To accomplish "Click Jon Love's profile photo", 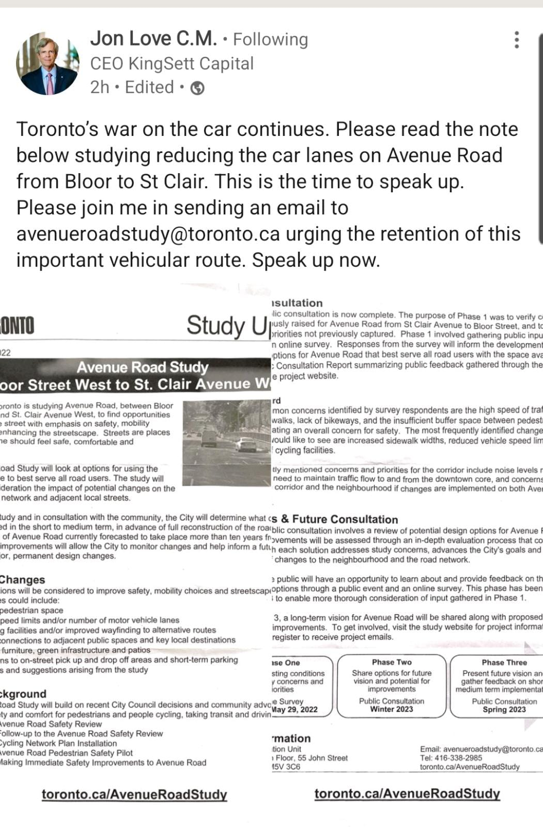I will [48, 64].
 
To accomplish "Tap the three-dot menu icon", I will [516, 40].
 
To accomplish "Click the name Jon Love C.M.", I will [153, 38].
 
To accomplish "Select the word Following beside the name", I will [270, 39].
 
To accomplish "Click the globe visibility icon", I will [197, 88].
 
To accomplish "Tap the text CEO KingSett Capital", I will [172, 64].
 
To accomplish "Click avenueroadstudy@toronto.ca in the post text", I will [148, 234].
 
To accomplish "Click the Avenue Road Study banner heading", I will [142, 367].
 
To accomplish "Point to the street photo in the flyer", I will [227, 435].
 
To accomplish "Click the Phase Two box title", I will [392, 662].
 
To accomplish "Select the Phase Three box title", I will [504, 662].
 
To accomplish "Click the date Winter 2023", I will [391, 709].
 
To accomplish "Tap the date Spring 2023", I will [504, 709].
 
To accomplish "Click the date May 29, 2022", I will [294, 710].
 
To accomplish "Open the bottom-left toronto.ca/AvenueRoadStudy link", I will [134, 794].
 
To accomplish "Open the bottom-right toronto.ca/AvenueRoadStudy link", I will [407, 793].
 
